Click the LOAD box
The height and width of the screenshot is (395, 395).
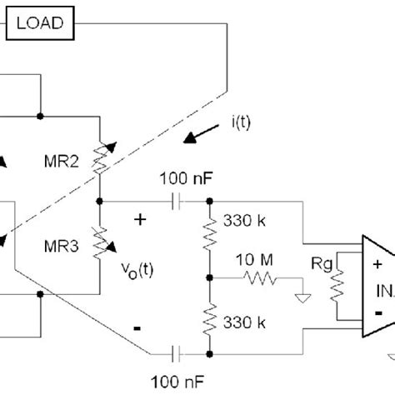pos(41,22)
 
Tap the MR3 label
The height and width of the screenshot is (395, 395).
pos(62,246)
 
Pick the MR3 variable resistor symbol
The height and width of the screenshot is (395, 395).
pos(99,242)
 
